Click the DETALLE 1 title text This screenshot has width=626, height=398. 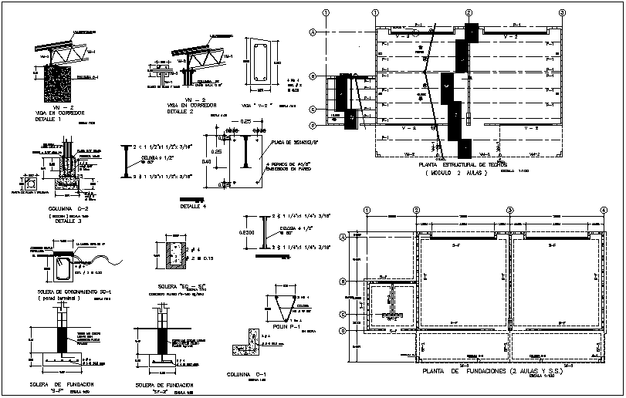51,120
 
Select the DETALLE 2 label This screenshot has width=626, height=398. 183,112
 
